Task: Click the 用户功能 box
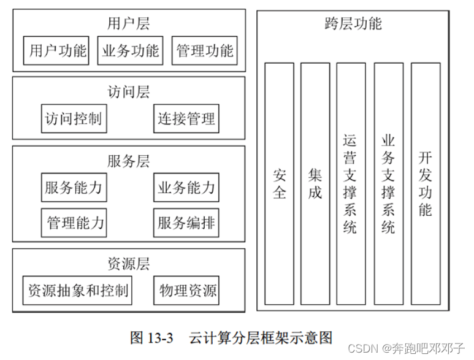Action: coord(58,51)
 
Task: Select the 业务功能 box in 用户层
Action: coord(131,51)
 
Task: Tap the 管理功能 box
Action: coord(204,51)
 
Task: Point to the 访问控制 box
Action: coord(73,118)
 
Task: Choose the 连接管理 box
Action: coord(186,118)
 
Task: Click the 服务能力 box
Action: coord(73,188)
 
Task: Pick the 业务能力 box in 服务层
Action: coord(186,188)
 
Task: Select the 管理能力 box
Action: coord(75,222)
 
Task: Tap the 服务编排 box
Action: coord(186,222)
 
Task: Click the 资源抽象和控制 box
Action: coord(77,290)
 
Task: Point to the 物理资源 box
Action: coord(186,290)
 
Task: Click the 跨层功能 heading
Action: coord(353,24)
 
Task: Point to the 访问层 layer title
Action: coord(128,92)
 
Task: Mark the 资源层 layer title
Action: coord(128,264)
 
